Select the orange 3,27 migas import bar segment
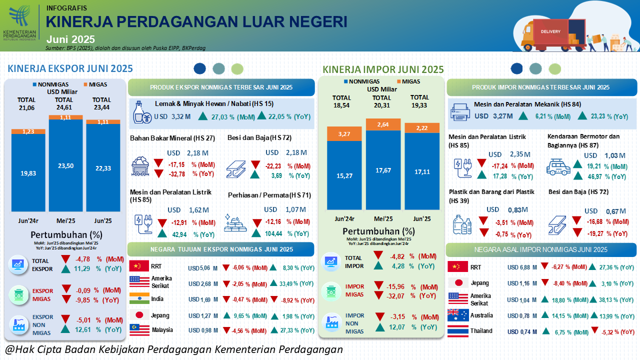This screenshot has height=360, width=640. tap(344, 134)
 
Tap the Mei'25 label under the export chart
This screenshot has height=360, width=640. tap(65, 220)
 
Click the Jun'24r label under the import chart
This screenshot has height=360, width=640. tap(344, 219)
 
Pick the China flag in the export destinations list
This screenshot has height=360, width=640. tap(139, 266)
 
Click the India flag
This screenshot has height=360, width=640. tap(139, 298)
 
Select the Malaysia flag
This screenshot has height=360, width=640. tap(139, 329)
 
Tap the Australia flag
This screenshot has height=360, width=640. tap(457, 315)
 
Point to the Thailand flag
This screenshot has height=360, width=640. tap(457, 331)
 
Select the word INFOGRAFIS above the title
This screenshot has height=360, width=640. tap(66, 8)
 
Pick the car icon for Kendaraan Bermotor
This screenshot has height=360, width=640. tap(558, 167)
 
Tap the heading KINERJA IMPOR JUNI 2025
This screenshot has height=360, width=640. tap(383, 69)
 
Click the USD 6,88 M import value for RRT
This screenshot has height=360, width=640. tap(522, 267)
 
